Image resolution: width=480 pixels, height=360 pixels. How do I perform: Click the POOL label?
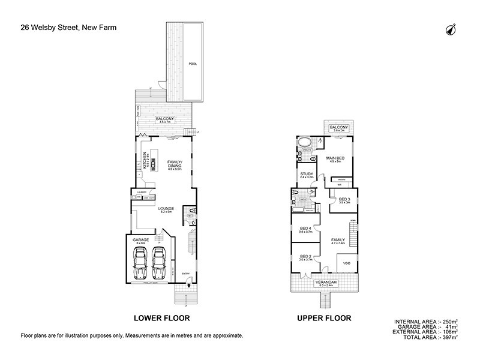point(193,64)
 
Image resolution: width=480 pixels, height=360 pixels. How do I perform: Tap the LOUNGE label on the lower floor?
point(166,209)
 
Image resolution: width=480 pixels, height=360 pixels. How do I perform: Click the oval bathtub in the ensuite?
point(305,145)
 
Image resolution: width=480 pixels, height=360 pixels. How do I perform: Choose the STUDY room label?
point(307,175)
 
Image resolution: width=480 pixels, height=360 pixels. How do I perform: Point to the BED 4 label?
point(305,229)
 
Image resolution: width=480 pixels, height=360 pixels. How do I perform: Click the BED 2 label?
point(305,257)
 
